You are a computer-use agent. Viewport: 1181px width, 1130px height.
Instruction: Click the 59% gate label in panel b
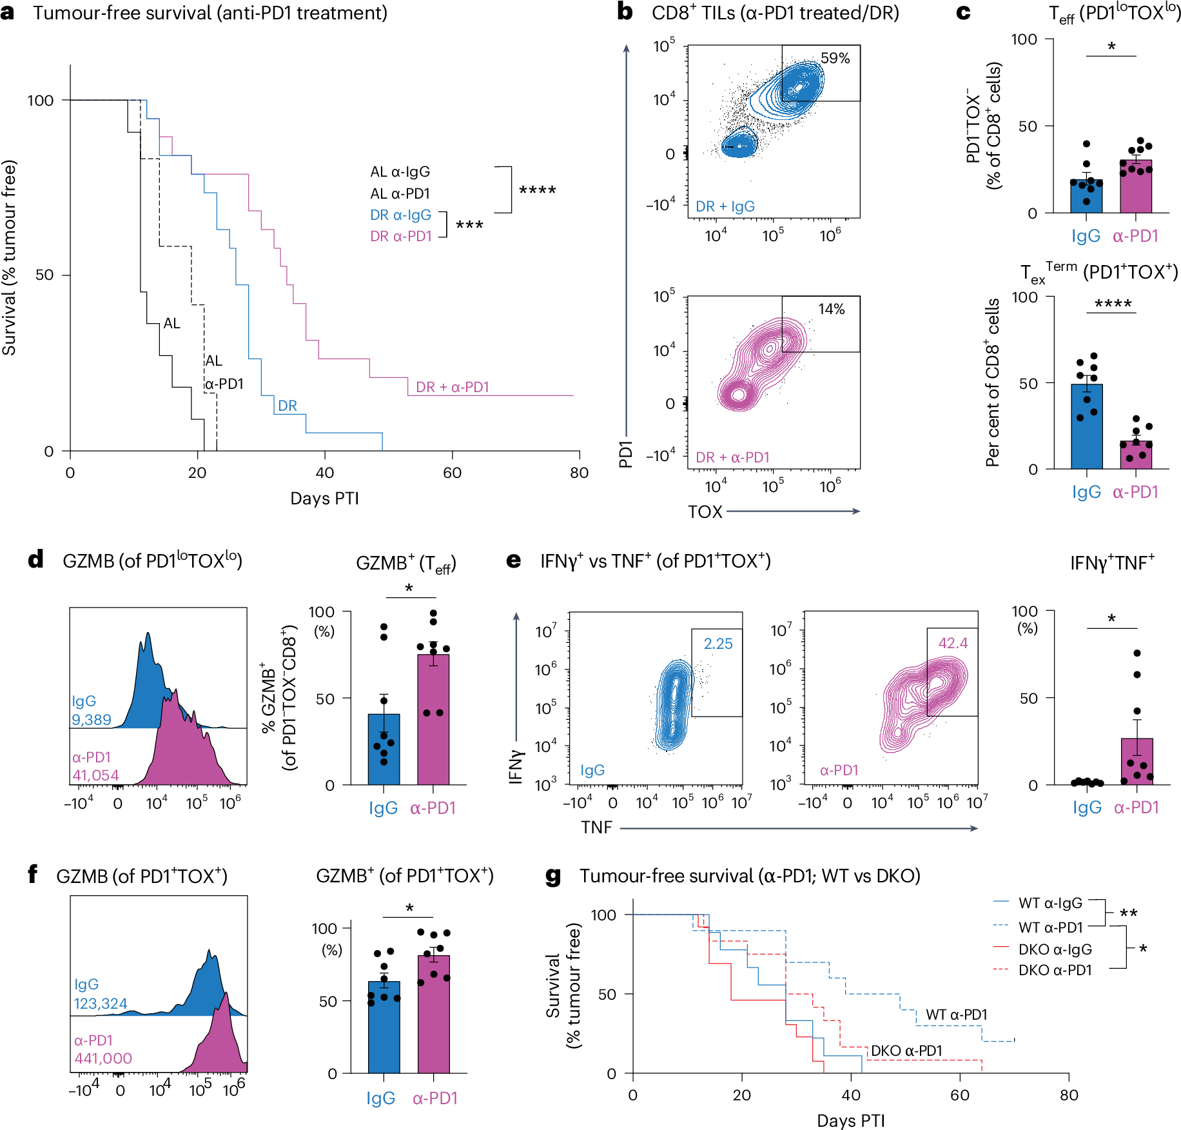(x=835, y=59)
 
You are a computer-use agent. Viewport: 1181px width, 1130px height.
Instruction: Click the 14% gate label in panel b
(x=831, y=310)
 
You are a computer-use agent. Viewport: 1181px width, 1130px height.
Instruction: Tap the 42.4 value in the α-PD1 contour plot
(x=953, y=643)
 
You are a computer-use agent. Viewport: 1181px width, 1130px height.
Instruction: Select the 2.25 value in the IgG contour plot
(x=718, y=644)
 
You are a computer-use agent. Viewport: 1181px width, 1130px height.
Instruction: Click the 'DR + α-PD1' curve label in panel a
(x=452, y=387)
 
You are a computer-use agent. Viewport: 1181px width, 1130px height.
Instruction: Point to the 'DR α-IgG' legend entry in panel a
(x=400, y=215)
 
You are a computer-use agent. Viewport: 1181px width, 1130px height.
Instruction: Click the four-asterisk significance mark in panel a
(x=537, y=190)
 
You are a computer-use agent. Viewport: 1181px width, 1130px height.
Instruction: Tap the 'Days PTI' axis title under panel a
(x=324, y=499)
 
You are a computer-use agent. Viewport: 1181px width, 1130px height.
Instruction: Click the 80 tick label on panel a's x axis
(x=579, y=473)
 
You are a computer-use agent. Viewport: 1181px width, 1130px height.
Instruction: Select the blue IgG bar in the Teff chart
(x=1086, y=197)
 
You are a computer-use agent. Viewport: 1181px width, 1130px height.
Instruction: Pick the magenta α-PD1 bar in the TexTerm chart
(x=1136, y=455)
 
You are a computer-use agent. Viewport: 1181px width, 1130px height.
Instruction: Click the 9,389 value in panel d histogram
(x=92, y=720)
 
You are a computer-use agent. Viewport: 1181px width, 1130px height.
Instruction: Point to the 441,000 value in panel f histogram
(x=103, y=1058)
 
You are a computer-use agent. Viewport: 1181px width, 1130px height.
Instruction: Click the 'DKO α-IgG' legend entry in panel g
(x=1055, y=949)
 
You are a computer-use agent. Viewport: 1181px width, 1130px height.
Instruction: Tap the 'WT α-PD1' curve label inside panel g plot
(x=957, y=1015)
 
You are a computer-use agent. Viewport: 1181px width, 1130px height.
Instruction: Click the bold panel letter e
(x=513, y=560)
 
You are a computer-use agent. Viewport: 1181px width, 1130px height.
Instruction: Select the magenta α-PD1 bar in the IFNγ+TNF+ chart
(x=1137, y=762)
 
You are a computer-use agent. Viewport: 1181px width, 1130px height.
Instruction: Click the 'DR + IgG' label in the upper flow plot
(x=725, y=206)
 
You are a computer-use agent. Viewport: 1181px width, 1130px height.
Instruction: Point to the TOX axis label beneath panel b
(x=705, y=512)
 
